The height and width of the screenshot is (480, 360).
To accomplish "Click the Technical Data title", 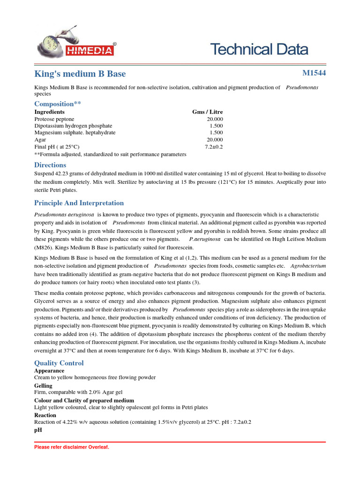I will tap(259, 49).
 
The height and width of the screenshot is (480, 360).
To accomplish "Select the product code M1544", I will tap(314, 73).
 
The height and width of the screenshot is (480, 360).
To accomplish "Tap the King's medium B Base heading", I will tap(80, 74).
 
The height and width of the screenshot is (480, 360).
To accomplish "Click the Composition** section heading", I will tap(58, 104).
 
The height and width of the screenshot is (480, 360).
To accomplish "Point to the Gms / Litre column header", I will tap(208, 112).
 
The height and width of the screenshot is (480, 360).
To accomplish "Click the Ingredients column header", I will tap(50, 112).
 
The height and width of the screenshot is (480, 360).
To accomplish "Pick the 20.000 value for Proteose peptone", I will tap(215, 119).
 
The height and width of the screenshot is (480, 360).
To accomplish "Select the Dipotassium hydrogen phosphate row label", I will tap(73, 126).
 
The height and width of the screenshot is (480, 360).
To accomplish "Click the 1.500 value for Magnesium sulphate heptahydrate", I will tap(216, 133).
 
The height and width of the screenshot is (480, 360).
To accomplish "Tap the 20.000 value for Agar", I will tap(215, 140).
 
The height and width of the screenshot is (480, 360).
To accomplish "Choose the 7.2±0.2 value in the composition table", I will tap(214, 147).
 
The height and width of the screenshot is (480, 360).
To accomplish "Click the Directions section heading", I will tap(50, 165).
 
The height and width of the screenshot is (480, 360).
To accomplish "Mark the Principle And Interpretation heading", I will tap(79, 203).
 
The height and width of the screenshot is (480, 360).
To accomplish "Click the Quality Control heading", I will tap(59, 363).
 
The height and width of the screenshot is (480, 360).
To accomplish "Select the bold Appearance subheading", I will tap(49, 371).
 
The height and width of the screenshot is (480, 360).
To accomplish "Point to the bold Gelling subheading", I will tap(44, 386).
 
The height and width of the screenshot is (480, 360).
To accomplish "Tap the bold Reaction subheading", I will tap(46, 415).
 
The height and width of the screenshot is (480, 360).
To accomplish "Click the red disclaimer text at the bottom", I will tap(72, 447).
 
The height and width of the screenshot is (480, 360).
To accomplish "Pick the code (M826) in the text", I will tap(45, 247).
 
